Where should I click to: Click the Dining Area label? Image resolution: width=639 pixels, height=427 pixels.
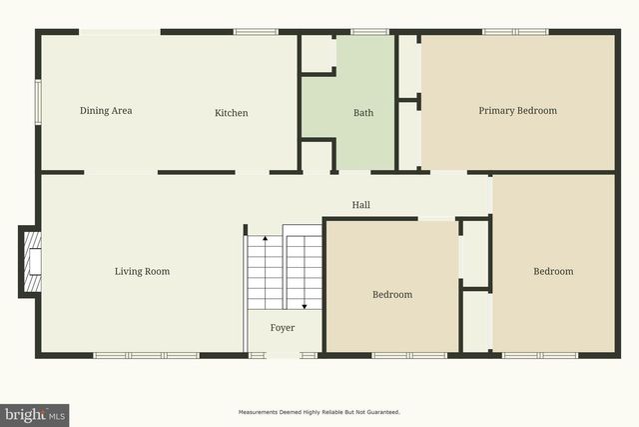point(106,111)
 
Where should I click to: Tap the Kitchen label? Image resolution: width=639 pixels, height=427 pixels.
point(232,113)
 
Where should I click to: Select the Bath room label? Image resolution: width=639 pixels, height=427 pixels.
point(363,113)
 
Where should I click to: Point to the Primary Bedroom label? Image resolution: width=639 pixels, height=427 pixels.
point(517,111)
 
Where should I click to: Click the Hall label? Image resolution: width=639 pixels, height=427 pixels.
point(361,205)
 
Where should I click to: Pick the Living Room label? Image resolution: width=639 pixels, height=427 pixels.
point(142,271)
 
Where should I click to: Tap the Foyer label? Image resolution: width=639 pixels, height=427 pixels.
point(286,326)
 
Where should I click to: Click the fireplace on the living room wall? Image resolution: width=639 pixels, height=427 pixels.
point(31,262)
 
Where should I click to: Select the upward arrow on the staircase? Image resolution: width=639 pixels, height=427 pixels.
point(265,240)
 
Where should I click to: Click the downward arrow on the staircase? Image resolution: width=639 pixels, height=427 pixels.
point(302,306)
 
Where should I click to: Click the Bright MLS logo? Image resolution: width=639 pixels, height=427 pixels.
point(35,414)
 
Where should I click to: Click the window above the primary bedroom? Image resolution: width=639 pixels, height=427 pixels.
point(502,32)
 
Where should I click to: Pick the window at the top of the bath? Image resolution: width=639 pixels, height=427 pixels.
point(369,32)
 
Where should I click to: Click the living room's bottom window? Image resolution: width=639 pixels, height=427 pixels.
point(146,355)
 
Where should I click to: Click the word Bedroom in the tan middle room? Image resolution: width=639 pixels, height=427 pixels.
point(392,295)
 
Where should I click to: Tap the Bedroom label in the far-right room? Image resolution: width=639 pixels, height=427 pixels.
point(553,271)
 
